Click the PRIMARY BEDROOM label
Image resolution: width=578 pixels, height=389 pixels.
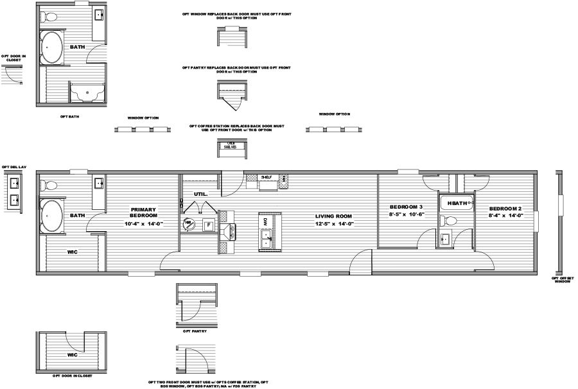pos(143,213)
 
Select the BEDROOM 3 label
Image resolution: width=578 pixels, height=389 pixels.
pos(407,207)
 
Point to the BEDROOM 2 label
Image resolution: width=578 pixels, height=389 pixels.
pos(505,209)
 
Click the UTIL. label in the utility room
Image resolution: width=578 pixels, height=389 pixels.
pos(200,193)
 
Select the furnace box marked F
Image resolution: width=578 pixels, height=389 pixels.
pos(207,225)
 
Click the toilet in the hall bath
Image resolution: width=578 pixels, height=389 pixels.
pos(450,221)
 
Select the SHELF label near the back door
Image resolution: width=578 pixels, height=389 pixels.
pos(267,178)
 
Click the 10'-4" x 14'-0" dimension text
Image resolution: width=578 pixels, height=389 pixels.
pos(144,224)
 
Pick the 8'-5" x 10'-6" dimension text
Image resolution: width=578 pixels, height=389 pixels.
pos(407,216)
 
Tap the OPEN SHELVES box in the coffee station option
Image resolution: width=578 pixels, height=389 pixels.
pos(230,145)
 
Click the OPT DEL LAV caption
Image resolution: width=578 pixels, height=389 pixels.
pos(13,167)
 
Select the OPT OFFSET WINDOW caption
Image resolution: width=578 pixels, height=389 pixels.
pos(563,281)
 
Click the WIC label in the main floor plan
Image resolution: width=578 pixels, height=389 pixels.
pos(73,252)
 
